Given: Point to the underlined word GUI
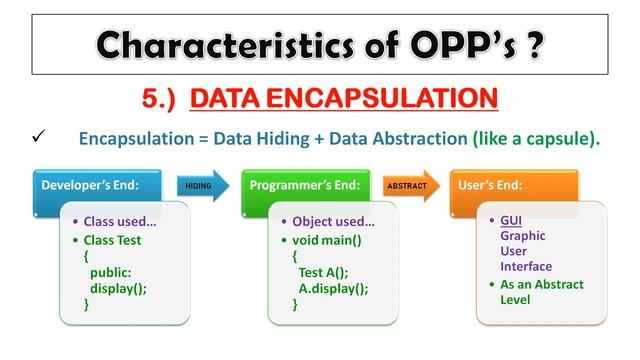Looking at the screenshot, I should coord(511,220).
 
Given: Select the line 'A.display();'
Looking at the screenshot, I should coord(333,288).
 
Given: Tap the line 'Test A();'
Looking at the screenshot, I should coord(325,272).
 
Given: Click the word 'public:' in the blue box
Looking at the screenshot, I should coord(111,272).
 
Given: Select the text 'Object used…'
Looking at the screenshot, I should coord(333,220).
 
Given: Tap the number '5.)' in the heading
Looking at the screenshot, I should coord(163,98).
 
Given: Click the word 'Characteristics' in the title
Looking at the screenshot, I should coord(218,44).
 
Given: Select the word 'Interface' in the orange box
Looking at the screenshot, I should coord(526,266).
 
